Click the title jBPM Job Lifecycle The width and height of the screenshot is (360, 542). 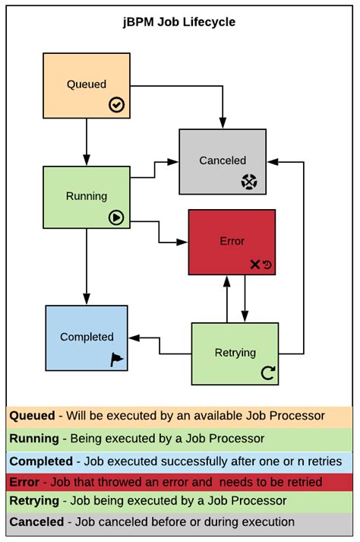[180, 22]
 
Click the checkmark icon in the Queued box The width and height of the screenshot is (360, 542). [116, 105]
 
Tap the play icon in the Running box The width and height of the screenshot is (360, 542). [116, 217]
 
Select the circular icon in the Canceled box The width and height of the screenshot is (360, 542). [250, 182]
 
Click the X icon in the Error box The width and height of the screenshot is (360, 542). [255, 265]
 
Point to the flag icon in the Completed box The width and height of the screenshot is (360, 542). [117, 360]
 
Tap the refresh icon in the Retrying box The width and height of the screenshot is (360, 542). [267, 372]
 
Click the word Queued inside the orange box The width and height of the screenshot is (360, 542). [87, 84]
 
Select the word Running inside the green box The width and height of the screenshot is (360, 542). [87, 196]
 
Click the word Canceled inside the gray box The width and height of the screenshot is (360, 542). [223, 160]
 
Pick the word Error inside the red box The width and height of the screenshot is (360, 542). [232, 241]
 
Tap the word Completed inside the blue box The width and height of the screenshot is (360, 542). [87, 337]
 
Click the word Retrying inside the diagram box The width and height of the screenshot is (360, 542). [235, 353]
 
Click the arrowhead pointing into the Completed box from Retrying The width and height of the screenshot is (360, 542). [134, 338]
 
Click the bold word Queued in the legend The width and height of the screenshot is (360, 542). [32, 416]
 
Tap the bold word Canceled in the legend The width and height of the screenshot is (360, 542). [36, 522]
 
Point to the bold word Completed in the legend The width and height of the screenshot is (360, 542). [39, 461]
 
